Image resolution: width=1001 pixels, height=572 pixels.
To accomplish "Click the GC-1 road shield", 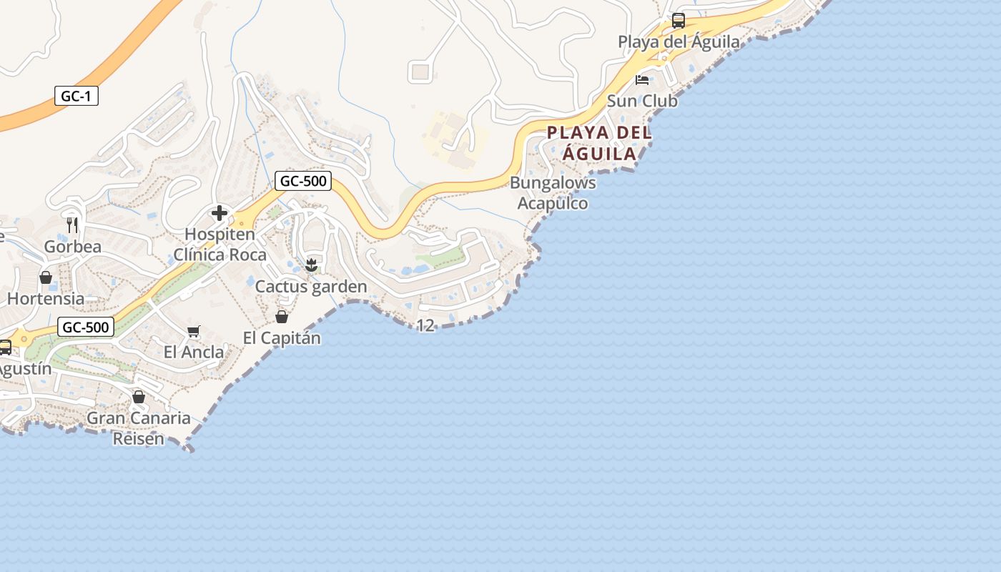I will pos(76,96).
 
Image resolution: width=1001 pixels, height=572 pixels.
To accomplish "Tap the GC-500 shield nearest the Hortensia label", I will pos(86,327).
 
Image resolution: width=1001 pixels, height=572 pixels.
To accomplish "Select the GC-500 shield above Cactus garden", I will pos(303,181).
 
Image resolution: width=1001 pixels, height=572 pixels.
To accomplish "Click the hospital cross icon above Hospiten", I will pos(220,213).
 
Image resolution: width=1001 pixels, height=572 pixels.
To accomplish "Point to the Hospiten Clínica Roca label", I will pos(220,245).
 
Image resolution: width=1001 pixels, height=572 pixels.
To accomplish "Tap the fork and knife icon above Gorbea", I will pos(72,225).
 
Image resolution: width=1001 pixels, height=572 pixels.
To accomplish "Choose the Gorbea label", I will pos(72,247).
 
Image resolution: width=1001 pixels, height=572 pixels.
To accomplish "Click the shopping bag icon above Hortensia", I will pos(46,277).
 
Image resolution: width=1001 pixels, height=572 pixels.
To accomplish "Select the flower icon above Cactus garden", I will pos(311,265).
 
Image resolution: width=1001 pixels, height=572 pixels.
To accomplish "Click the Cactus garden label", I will pos(311,287).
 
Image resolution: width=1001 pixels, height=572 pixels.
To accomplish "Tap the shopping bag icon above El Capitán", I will pos(282,316).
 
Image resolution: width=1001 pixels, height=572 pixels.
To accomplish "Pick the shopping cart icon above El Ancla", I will pos(193,331).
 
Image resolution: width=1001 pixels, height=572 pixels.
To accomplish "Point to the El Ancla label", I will pos(193,352).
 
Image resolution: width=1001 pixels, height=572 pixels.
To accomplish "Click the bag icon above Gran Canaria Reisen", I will pos(139,396).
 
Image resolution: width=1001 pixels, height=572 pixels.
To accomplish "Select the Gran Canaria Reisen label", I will pos(139,428).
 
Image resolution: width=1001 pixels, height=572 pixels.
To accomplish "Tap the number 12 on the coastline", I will pos(425,325).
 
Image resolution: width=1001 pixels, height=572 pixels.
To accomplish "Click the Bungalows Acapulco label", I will pos(553,193).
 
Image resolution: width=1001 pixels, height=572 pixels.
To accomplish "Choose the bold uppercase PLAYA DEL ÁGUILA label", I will pos(599,143).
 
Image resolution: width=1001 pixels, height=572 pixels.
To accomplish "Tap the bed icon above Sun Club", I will pos(642,79).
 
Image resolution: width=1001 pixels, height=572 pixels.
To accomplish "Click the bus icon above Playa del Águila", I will pos(678,21).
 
